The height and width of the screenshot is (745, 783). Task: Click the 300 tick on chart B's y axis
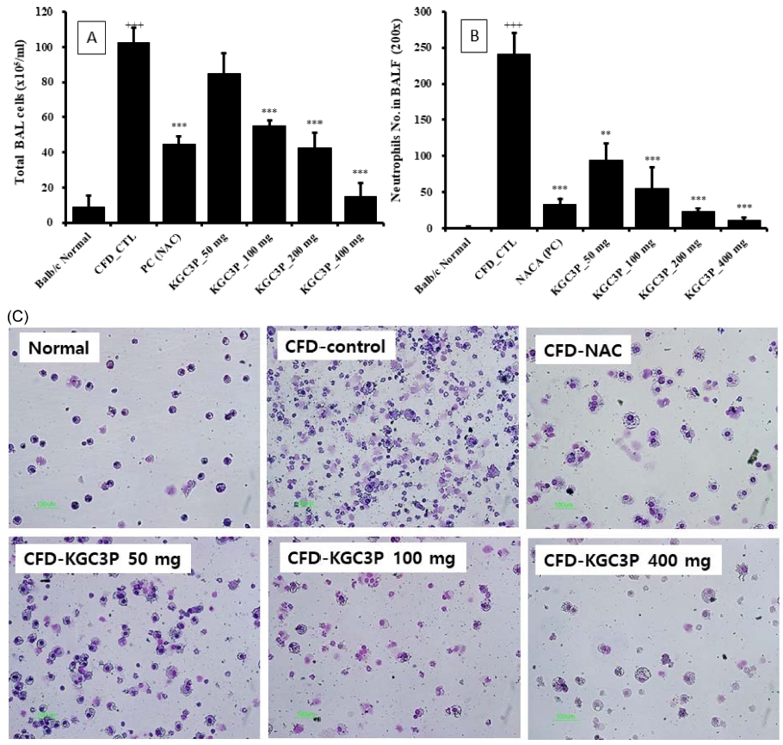[422, 12]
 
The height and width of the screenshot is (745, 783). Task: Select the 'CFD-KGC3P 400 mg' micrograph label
[626, 562]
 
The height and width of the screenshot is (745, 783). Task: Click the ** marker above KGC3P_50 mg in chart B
[587, 133]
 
